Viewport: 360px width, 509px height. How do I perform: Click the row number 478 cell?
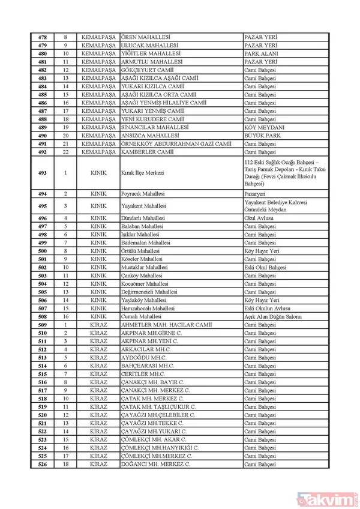click(x=42, y=37)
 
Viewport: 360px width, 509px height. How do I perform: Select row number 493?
click(x=42, y=173)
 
